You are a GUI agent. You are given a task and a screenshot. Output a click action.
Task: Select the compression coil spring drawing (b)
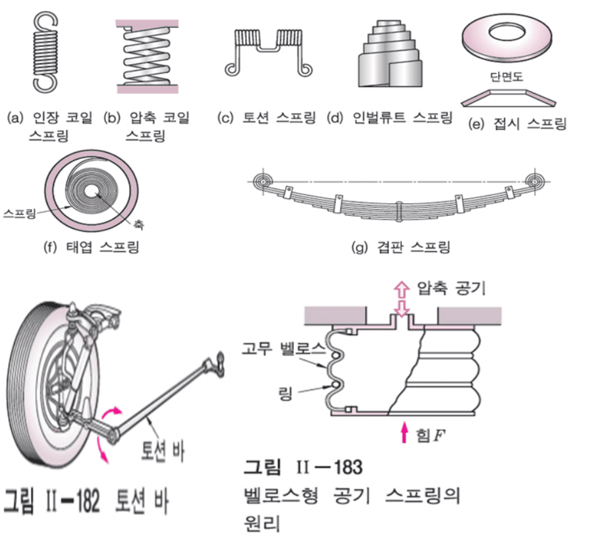point(146,56)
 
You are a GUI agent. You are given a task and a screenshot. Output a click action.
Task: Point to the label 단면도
point(509,76)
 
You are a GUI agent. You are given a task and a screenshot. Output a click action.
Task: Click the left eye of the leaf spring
point(262,181)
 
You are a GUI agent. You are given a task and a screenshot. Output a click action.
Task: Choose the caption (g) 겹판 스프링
point(401,248)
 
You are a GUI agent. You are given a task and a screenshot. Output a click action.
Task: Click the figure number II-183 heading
point(304,467)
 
